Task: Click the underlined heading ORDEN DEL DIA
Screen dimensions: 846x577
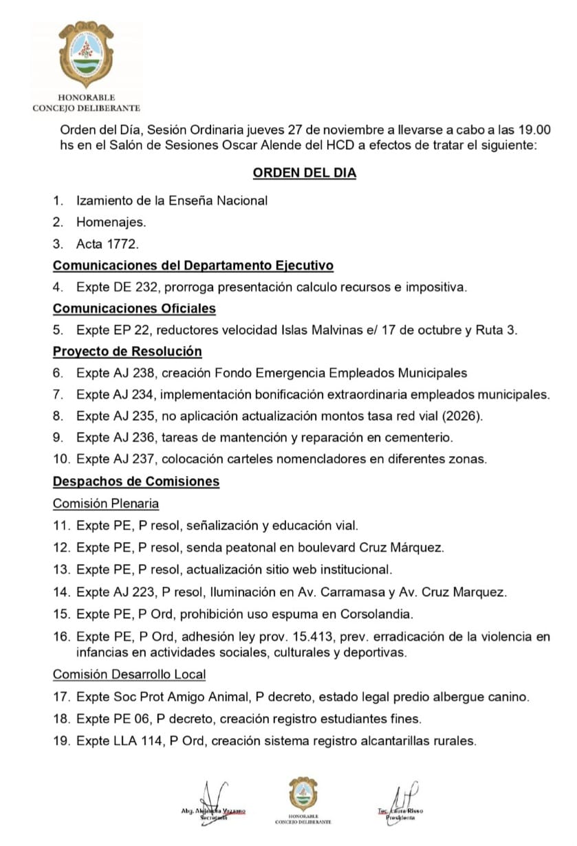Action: [304, 173]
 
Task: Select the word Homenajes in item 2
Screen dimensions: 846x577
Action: [111, 222]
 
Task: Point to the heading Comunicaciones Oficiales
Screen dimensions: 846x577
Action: [134, 308]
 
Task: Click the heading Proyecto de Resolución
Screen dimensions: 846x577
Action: [127, 351]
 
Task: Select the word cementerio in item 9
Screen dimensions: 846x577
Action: [424, 437]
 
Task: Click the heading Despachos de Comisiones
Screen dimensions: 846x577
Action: [136, 481]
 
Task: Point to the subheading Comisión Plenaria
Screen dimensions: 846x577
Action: [106, 503]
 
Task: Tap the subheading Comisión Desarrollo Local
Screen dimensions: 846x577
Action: [129, 675]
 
